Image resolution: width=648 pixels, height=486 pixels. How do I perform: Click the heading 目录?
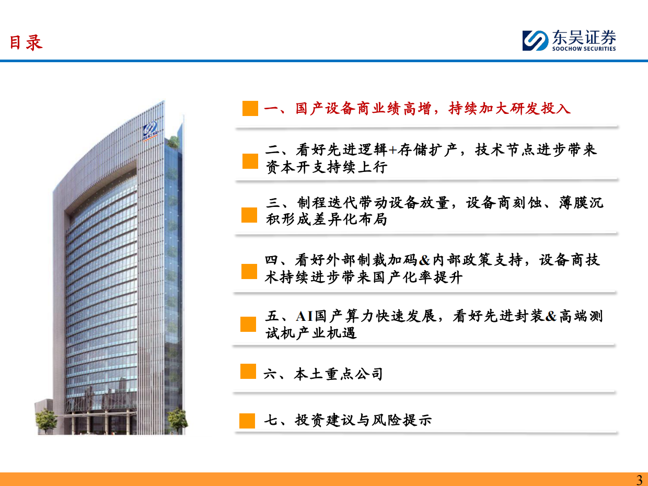pyautogui.click(x=26, y=42)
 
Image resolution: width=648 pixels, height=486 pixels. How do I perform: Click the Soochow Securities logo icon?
pyautogui.click(x=535, y=40)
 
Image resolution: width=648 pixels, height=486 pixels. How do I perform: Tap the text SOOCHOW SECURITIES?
pyautogui.click(x=584, y=49)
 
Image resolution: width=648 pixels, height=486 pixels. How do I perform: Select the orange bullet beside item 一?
pyautogui.click(x=250, y=108)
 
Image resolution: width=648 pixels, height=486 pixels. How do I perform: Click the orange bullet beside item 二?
pyautogui.click(x=250, y=161)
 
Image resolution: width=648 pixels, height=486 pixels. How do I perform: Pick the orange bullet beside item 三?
pyautogui.click(x=249, y=215)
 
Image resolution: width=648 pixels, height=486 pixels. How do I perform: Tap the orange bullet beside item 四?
pyautogui.click(x=249, y=271)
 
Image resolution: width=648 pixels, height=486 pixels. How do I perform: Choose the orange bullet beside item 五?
pyautogui.click(x=248, y=324)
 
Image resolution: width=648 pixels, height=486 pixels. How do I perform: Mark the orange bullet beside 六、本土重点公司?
pyautogui.click(x=248, y=372)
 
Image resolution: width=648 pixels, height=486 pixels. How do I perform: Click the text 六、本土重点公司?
pyautogui.click(x=323, y=374)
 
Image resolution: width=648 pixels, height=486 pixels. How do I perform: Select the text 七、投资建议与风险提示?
pyautogui.click(x=348, y=420)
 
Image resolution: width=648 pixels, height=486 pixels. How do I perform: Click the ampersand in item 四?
pyautogui.click(x=424, y=260)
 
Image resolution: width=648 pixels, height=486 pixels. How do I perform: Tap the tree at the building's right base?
pyautogui.click(x=178, y=419)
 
